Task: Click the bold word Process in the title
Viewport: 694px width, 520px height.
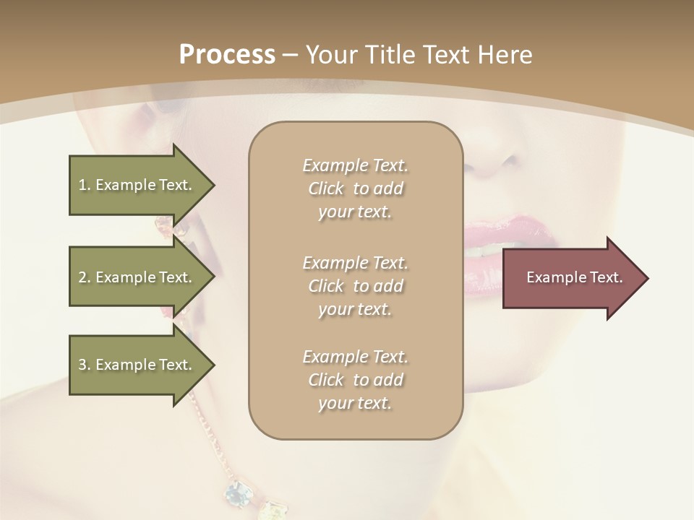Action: coord(227,54)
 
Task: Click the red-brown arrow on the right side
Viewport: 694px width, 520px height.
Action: coord(571,277)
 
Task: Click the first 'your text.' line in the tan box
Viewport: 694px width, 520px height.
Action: coord(355,212)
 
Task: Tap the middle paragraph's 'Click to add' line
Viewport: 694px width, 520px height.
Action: coord(355,286)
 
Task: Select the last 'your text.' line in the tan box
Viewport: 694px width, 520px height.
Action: coord(355,404)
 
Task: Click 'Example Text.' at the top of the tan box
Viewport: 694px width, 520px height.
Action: coord(355,165)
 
